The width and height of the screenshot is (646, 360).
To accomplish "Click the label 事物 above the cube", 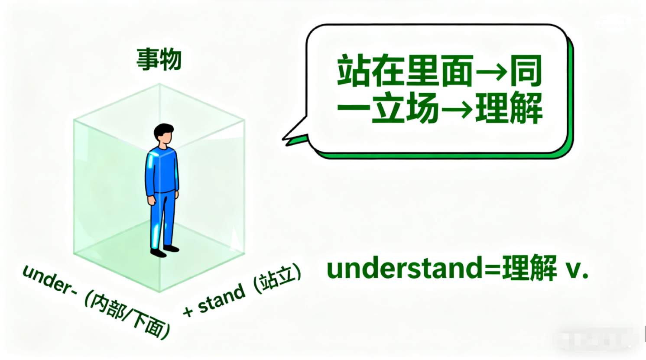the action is click(159, 59).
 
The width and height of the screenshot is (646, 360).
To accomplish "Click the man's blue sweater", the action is click(162, 171).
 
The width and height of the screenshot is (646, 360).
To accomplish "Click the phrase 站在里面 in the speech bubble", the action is click(405, 71).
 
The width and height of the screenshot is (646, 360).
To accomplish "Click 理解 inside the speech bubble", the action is click(509, 108).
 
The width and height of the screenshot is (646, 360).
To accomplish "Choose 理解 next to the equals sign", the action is click(529, 268).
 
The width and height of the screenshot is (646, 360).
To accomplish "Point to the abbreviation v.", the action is click(576, 271).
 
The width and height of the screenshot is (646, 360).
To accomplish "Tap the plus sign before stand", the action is click(188, 311).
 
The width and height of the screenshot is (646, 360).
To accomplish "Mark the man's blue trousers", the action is click(162, 220).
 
